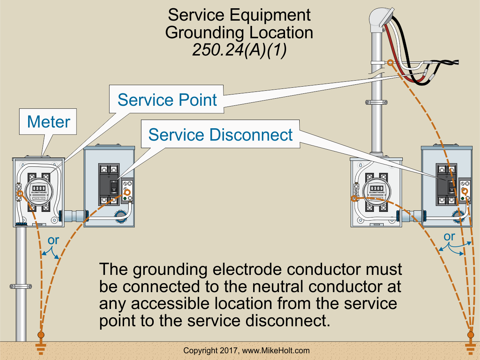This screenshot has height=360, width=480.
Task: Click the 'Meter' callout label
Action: [48, 122]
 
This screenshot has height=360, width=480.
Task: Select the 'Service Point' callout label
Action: [167, 100]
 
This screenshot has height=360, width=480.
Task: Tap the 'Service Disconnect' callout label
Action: [220, 135]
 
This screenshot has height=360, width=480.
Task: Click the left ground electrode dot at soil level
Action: [41, 334]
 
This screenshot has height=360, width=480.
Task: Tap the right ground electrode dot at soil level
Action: [471, 334]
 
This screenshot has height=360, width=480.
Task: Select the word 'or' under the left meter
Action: [53, 240]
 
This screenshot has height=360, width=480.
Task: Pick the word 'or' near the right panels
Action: [449, 237]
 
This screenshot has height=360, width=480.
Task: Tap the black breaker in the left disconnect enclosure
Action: [109, 184]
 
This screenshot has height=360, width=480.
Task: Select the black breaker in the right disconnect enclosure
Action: [446, 184]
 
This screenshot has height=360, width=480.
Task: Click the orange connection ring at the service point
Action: [390, 63]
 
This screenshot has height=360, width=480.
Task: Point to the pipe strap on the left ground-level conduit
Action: [21, 286]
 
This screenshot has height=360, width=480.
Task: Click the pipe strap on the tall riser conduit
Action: [376, 102]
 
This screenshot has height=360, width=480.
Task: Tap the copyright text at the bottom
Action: [246, 351]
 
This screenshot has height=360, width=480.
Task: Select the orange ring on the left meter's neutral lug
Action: [19, 193]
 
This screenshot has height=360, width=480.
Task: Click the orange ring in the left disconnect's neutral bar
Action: [127, 192]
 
